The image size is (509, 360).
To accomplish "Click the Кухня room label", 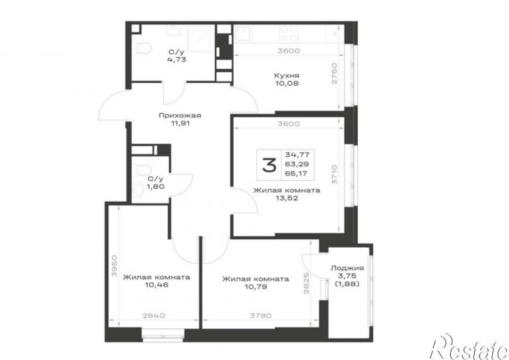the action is (x=286, y=76).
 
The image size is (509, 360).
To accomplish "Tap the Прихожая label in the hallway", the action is (x=180, y=115).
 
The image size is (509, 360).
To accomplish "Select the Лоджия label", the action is (x=347, y=269).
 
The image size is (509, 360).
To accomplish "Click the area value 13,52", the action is (x=286, y=199).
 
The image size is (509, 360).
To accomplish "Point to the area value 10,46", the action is (x=157, y=286).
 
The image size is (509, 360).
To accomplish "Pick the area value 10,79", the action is (x=256, y=286).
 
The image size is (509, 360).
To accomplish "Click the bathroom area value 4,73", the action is (x=177, y=60).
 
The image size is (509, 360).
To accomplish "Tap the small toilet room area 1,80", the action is (x=155, y=187).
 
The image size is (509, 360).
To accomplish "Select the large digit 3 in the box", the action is (x=270, y=165).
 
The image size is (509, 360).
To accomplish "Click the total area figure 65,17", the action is (x=297, y=173).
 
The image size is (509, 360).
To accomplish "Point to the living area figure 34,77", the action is (x=297, y=154).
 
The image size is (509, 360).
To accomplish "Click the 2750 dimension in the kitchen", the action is (x=334, y=74).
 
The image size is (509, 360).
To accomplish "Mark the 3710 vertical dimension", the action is (x=334, y=175).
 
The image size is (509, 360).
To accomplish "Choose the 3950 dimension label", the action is (x=114, y=265).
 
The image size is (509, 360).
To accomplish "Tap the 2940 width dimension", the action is (x=154, y=316).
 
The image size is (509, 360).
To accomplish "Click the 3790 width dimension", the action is (x=260, y=316).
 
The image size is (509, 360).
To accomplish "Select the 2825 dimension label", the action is (x=306, y=284).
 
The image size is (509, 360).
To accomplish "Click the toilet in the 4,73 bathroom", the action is (x=143, y=48).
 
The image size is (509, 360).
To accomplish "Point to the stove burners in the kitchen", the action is (x=289, y=34).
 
